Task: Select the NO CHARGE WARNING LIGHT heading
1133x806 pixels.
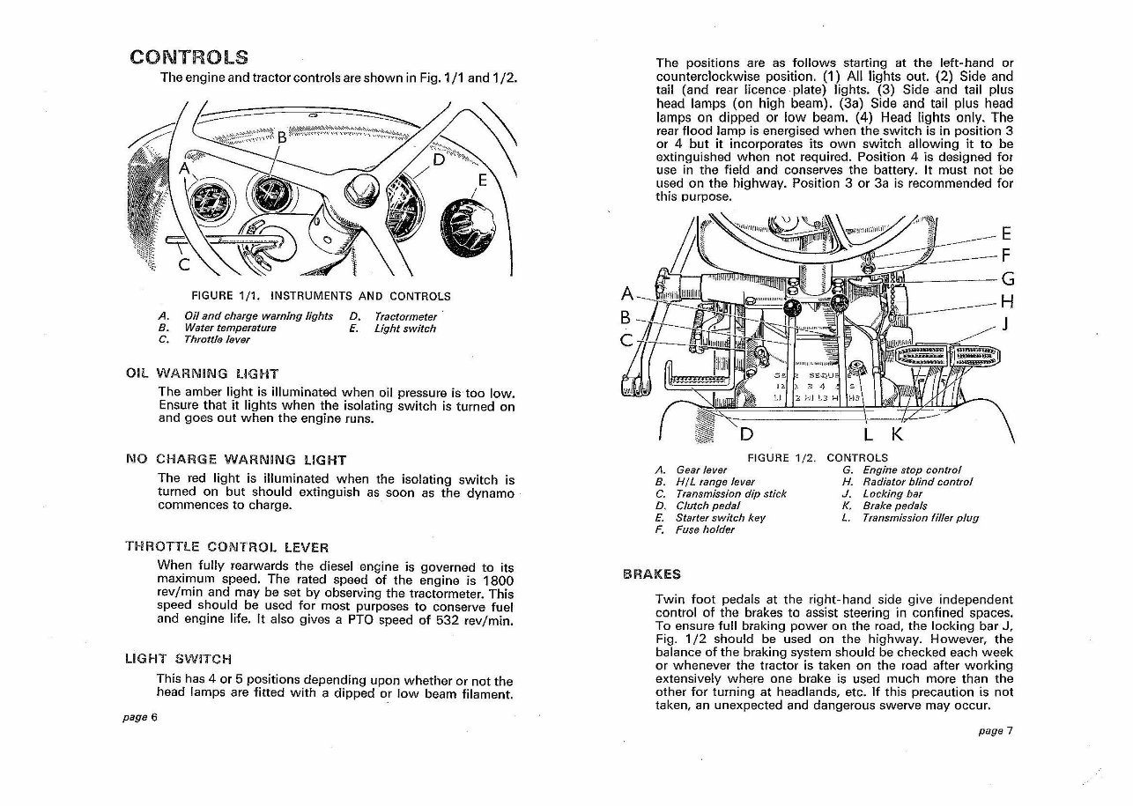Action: [x=236, y=459]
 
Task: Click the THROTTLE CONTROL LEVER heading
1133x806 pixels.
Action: [x=229, y=547]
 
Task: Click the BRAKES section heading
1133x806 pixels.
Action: [x=651, y=574]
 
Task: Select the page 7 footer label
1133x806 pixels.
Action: [x=996, y=730]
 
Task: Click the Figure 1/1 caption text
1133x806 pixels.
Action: [x=321, y=296]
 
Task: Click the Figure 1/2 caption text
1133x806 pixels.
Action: [x=817, y=457]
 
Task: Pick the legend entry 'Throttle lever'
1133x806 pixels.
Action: [x=217, y=340]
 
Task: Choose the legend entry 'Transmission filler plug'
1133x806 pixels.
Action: [x=921, y=518]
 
